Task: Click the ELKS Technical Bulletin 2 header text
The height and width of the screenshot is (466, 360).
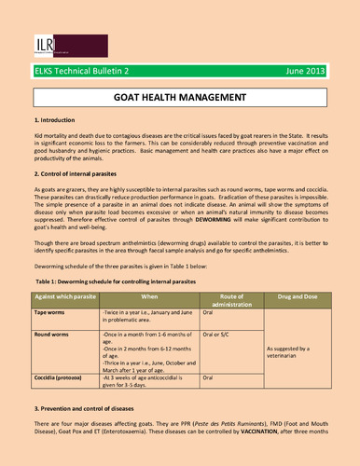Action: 75,69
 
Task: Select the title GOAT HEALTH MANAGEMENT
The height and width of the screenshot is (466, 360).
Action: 179,97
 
